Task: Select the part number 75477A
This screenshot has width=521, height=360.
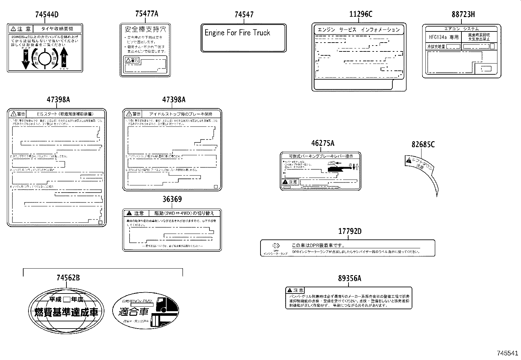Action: pos(146,14)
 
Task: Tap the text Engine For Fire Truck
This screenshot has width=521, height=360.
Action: pos(237,33)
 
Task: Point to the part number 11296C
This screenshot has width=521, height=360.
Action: pos(361,14)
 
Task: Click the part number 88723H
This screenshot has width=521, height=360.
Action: pos(463,14)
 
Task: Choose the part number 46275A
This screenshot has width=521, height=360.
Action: pos(323,143)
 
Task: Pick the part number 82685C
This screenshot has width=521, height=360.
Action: pos(423,144)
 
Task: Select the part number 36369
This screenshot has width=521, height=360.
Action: pos(172,199)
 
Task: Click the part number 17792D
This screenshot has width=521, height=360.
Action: pos(350,232)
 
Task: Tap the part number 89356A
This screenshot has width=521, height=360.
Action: pos(350,278)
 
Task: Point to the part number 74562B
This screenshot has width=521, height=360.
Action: pos(68,278)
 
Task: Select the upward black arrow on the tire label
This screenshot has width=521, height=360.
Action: pos(64,57)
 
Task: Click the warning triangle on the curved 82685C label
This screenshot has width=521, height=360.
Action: pos(408,160)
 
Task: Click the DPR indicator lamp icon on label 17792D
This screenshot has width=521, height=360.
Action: pos(276,246)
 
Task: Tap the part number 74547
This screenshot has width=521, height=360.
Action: pos(244,14)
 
